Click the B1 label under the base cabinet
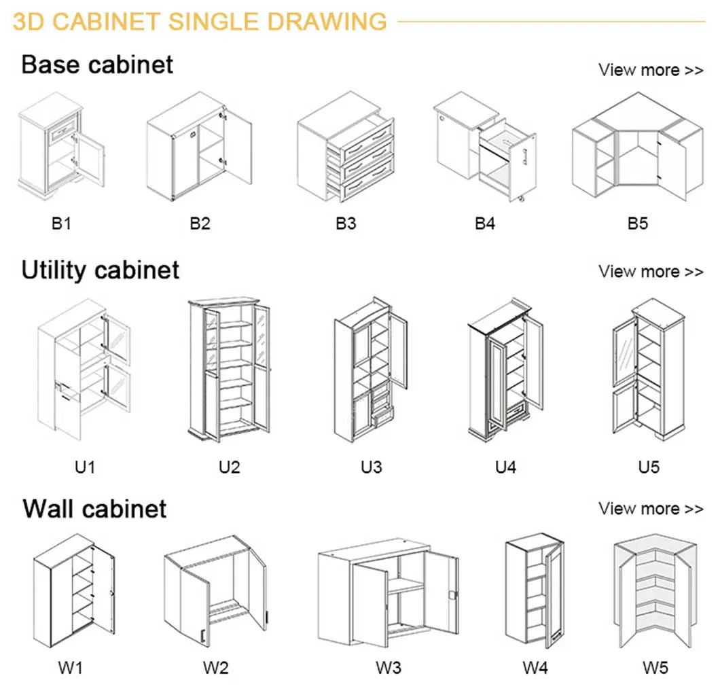coord(61,224)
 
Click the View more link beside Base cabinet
coord(650,70)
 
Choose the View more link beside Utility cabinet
coord(650,272)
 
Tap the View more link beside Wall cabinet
coord(650,509)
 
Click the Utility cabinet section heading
coord(101,270)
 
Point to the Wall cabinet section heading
coord(94,508)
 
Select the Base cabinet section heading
coord(97,65)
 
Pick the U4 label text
coord(505,467)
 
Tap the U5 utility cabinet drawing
coord(649,370)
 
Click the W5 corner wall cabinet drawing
coord(655,593)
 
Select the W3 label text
coord(389,668)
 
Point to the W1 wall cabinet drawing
coord(73,590)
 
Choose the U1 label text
coord(85,467)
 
